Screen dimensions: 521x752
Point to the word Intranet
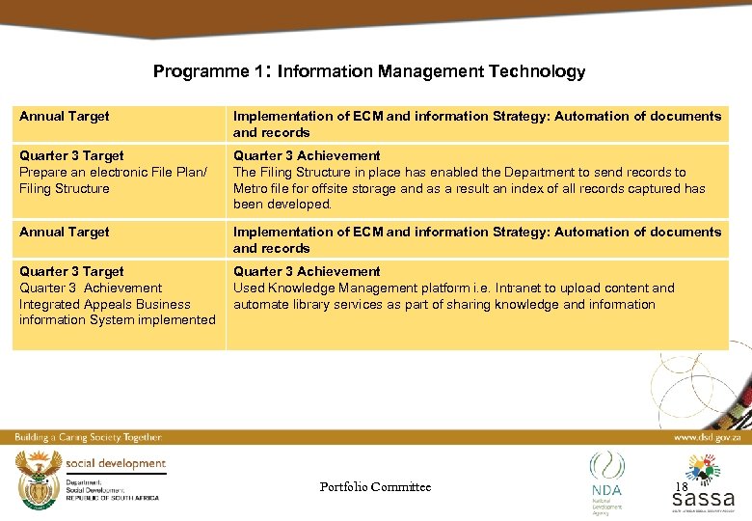[544, 288]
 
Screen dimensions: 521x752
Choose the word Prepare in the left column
[44, 172]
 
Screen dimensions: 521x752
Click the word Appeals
[111, 304]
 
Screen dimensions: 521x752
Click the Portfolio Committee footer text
[375, 486]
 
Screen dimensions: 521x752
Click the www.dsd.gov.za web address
[706, 437]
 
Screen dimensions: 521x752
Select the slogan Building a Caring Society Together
[88, 437]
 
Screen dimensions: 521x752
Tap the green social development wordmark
[116, 463]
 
